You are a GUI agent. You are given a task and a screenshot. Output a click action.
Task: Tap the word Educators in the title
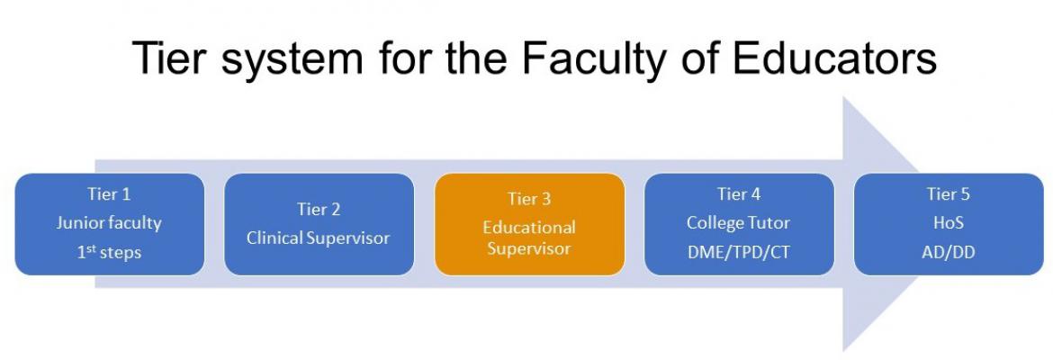[x=834, y=58]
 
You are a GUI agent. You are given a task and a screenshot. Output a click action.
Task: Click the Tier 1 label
[x=109, y=194]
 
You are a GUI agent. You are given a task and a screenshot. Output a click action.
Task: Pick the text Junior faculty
[x=109, y=223]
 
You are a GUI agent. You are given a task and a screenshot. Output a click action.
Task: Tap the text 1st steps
[x=109, y=253]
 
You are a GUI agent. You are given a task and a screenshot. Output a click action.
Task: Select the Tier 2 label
[x=319, y=209]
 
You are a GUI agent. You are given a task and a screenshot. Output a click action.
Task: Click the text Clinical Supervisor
[x=319, y=238]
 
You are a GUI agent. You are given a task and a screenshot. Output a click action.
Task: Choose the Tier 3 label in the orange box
[x=529, y=199]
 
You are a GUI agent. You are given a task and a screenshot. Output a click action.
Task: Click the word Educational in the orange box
[x=529, y=227]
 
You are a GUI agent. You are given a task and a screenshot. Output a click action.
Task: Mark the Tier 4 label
[x=739, y=194]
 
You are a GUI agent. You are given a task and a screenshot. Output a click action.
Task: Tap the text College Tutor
[x=739, y=223]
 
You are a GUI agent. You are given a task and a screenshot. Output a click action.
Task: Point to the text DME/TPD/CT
[x=739, y=253]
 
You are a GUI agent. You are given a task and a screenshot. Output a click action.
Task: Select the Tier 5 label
[x=949, y=194]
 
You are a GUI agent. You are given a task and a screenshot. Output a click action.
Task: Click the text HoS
[x=949, y=223]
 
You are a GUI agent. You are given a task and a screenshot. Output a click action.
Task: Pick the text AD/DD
[x=949, y=253]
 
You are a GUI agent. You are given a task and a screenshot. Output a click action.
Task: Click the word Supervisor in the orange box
[x=529, y=248]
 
